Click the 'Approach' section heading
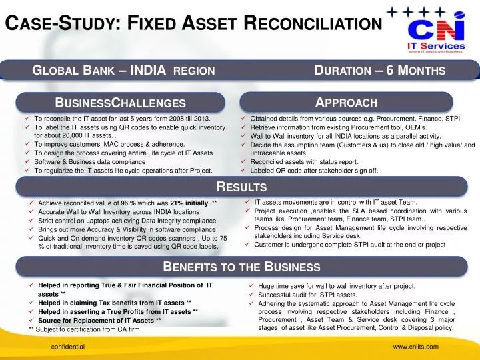point(346,102)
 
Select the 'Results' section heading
point(242,187)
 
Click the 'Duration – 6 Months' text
point(379,69)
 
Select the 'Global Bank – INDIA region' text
point(123,69)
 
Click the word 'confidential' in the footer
point(68,347)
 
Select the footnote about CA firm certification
point(85,329)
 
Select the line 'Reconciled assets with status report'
point(304,161)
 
